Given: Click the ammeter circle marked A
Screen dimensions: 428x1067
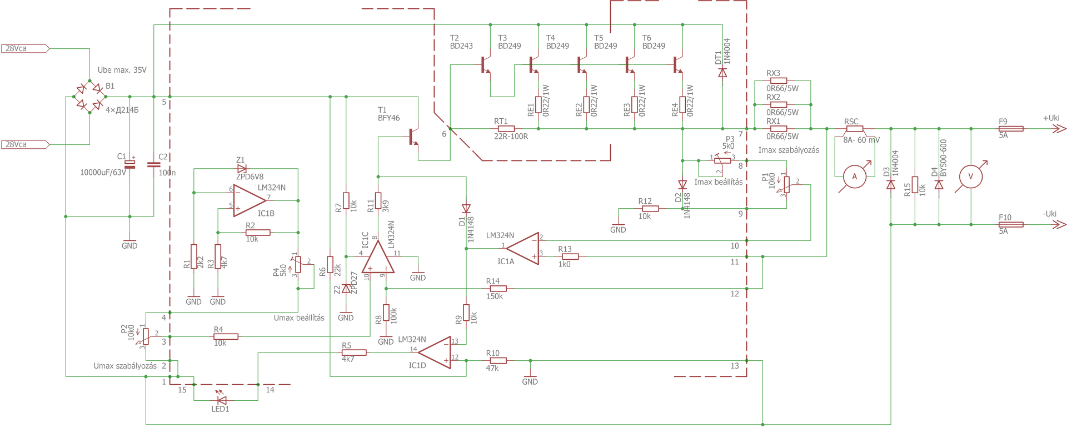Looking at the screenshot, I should [854, 177].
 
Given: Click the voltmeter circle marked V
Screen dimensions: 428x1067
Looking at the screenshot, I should [971, 177].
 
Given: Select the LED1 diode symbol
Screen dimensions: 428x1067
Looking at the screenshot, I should [221, 400].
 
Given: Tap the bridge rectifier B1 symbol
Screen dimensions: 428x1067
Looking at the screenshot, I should [90, 97].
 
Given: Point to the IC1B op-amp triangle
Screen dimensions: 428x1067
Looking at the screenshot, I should [249, 200].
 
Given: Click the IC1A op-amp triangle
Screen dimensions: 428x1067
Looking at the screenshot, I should [523, 248].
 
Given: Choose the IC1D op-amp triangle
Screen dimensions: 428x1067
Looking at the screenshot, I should [435, 352].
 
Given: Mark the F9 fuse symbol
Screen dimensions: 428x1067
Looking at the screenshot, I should [1011, 129].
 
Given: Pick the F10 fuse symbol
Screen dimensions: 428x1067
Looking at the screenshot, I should [1011, 225].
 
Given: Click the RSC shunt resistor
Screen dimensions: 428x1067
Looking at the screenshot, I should [854, 129].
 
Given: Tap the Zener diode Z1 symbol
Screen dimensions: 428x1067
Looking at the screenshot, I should [241, 168].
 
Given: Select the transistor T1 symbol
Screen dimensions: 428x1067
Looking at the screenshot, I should [413, 137].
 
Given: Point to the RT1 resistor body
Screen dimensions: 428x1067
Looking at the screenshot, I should [506, 129].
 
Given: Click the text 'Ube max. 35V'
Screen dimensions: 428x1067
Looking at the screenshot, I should [122, 70].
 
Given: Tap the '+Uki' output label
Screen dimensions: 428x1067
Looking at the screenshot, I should [1051, 118].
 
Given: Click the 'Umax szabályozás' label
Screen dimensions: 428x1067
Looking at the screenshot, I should [125, 366].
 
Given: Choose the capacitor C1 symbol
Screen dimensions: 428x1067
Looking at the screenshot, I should [129, 164].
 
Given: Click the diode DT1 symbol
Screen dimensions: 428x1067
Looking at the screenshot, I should [722, 73].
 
